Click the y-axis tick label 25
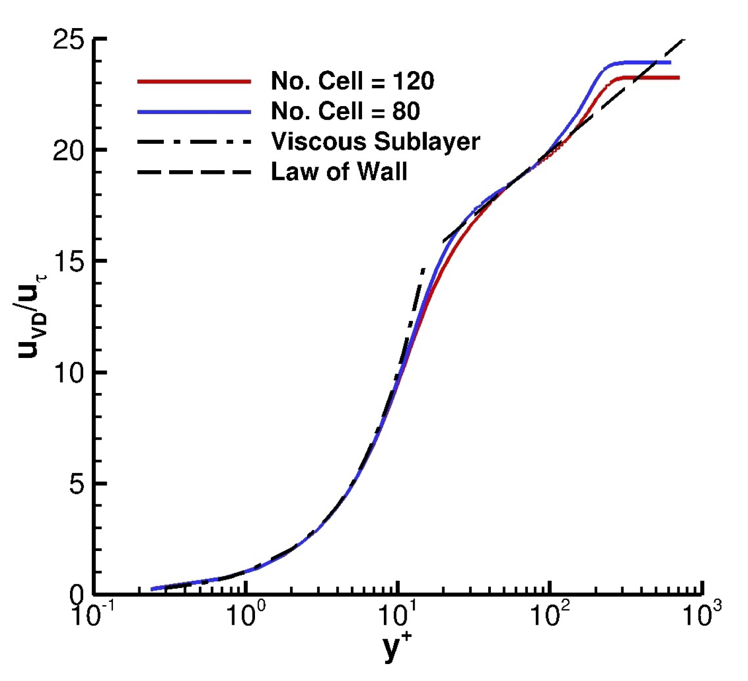[x=69, y=40]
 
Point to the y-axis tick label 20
[x=69, y=151]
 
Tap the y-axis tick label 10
[x=69, y=373]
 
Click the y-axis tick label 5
[x=77, y=484]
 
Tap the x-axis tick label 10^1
[x=398, y=616]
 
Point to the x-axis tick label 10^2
[x=550, y=616]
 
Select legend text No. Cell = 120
[x=353, y=81]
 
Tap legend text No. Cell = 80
[x=345, y=111]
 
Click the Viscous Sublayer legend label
[x=375, y=142]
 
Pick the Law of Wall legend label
[x=339, y=172]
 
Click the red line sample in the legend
[x=194, y=82]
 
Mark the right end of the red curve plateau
[x=678, y=78]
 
